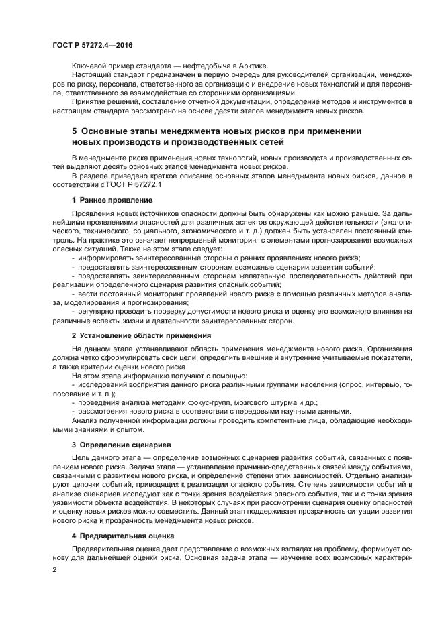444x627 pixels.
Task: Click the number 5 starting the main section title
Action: (75, 131)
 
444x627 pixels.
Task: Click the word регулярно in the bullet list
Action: (96, 311)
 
